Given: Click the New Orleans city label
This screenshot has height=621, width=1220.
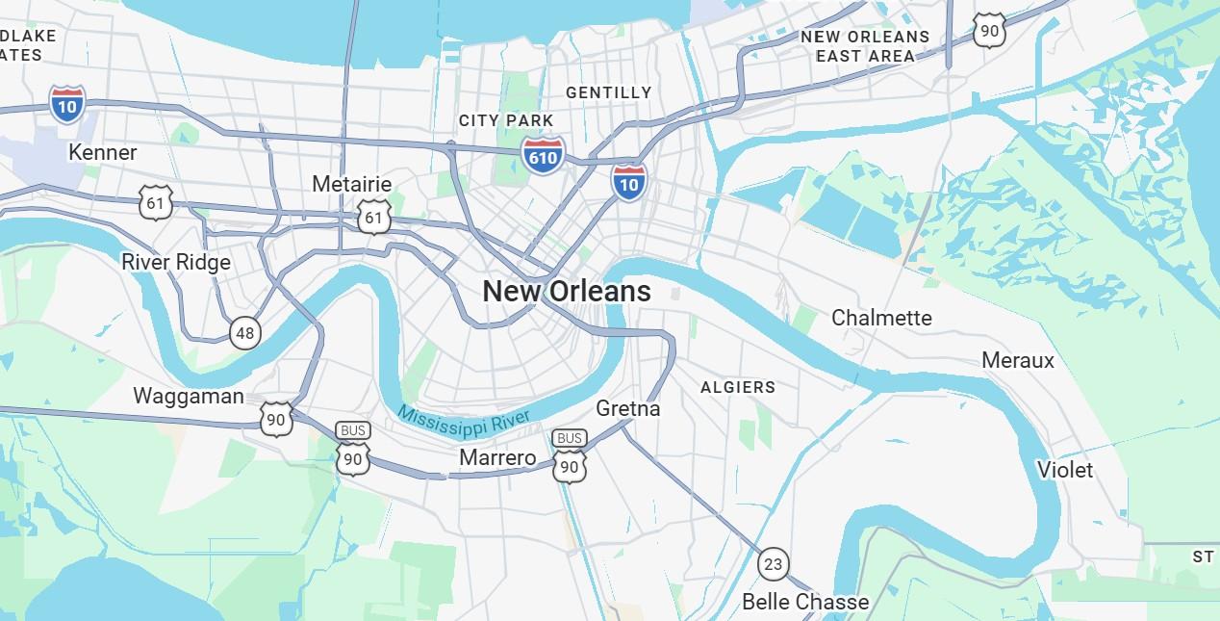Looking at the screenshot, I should tap(566, 291).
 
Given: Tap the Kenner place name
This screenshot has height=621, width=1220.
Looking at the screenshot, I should tap(102, 152).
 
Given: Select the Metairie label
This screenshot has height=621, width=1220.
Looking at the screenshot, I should tap(351, 184).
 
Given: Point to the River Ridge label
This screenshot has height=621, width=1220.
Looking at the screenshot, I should tap(176, 262).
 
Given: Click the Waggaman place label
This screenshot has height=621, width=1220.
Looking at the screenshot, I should tap(189, 396).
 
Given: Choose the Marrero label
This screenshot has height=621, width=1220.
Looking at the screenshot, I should tap(497, 457).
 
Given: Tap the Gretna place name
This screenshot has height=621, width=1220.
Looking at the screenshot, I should tap(628, 408).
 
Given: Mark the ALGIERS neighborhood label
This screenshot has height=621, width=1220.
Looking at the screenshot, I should tap(738, 387).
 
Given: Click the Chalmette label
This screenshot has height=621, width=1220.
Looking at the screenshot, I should tap(881, 318).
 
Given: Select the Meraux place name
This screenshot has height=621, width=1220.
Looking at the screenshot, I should tap(1018, 360).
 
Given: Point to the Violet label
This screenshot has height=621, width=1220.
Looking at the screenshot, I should tap(1064, 470).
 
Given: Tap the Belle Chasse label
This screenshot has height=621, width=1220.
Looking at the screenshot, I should tap(805, 602).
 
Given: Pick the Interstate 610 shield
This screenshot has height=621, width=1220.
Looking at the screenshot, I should tap(543, 154).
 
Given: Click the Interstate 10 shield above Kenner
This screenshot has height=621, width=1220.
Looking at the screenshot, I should tap(67, 104).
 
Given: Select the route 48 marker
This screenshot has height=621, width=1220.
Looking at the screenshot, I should tap(245, 333).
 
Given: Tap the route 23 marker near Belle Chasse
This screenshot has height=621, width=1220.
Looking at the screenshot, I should tap(773, 564).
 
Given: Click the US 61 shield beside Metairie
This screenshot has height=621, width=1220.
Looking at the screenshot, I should tap(373, 218).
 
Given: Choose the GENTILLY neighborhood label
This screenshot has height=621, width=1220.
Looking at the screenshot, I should tap(608, 92).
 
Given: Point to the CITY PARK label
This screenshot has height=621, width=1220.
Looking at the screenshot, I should tap(506, 120).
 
